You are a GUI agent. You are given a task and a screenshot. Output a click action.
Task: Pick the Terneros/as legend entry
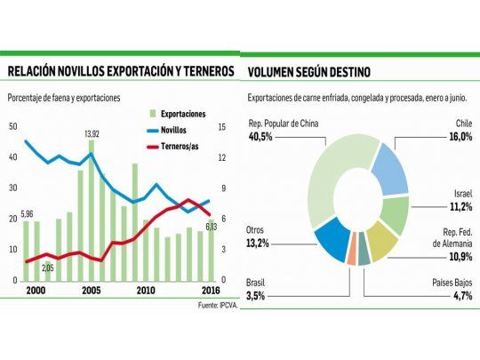click(183, 145)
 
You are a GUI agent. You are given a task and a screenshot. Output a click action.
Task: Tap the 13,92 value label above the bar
click(92, 133)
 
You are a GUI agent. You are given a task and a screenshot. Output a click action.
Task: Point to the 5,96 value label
click(28, 213)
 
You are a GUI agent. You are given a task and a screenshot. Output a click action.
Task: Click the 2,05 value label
click(48, 268)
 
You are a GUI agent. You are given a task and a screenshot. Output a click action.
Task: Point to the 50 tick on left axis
click(12, 126)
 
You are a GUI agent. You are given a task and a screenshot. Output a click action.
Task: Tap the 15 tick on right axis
click(223, 126)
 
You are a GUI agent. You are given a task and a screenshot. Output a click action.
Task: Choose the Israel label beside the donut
click(460, 192)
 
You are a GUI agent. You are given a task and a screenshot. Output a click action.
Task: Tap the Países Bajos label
click(448, 282)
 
